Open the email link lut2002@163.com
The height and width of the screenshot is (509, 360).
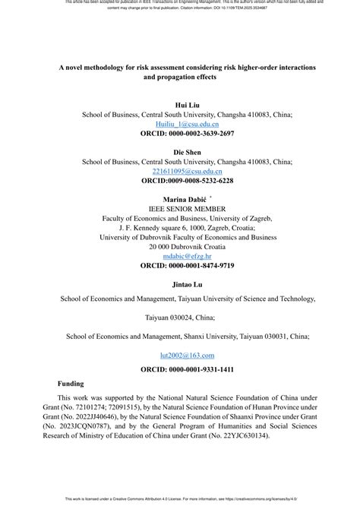coord(186,355)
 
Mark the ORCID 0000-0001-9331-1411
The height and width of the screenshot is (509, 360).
coord(186,369)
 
